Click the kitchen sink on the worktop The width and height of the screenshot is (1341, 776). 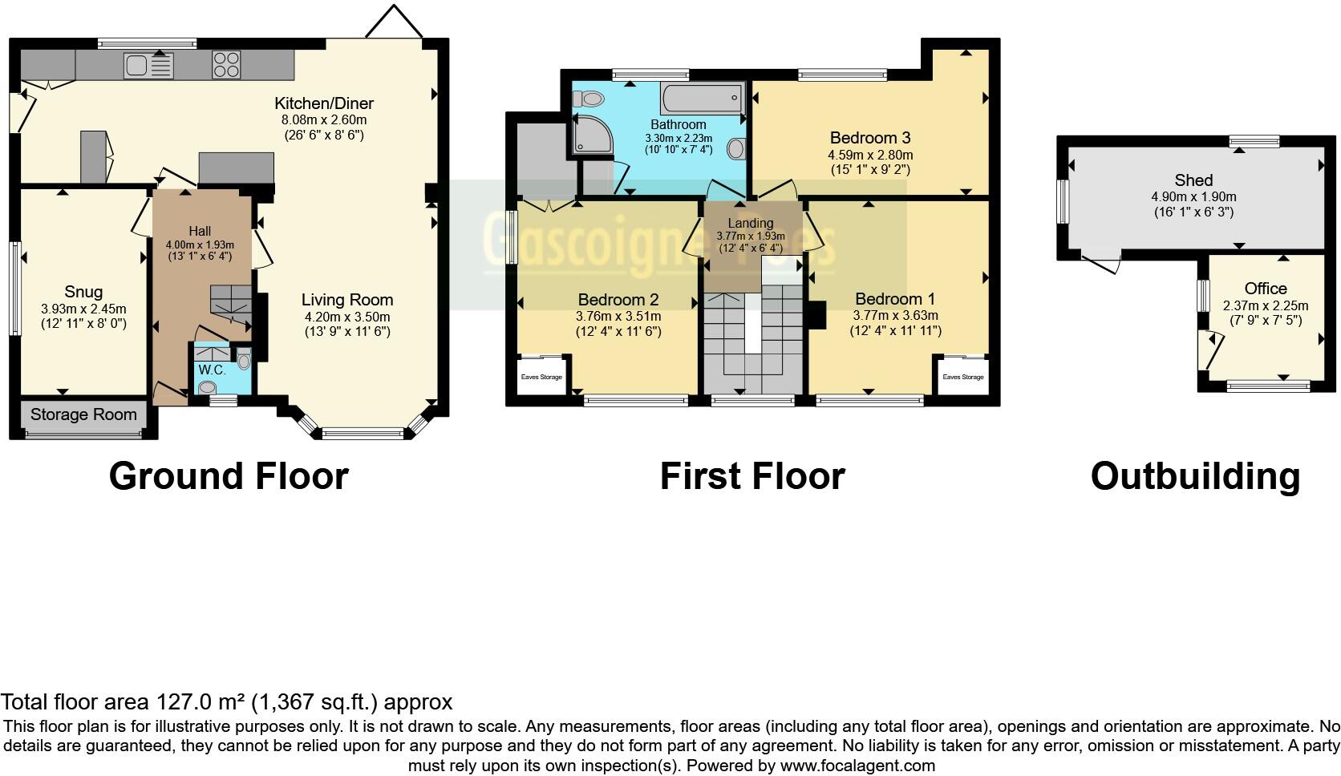(148, 65)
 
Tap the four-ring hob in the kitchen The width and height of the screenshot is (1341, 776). (226, 65)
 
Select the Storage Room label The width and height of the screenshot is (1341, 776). (83, 414)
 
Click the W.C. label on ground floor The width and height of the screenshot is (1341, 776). (212, 370)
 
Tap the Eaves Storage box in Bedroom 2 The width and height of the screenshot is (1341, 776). (541, 376)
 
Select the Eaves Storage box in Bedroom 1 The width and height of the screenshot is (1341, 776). (962, 376)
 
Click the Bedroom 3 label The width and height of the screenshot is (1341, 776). (870, 138)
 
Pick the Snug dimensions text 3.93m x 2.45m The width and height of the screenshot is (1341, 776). (83, 309)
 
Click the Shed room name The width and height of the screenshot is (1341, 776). (1193, 180)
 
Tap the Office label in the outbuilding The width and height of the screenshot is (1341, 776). (1266, 289)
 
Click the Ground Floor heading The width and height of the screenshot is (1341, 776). (229, 476)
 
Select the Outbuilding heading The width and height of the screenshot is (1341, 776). (1195, 476)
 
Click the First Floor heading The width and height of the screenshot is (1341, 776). (752, 476)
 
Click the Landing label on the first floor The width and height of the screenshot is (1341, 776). (751, 223)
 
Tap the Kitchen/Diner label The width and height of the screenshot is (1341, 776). (324, 103)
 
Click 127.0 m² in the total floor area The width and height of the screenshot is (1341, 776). (201, 702)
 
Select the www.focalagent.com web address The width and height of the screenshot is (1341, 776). (857, 766)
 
